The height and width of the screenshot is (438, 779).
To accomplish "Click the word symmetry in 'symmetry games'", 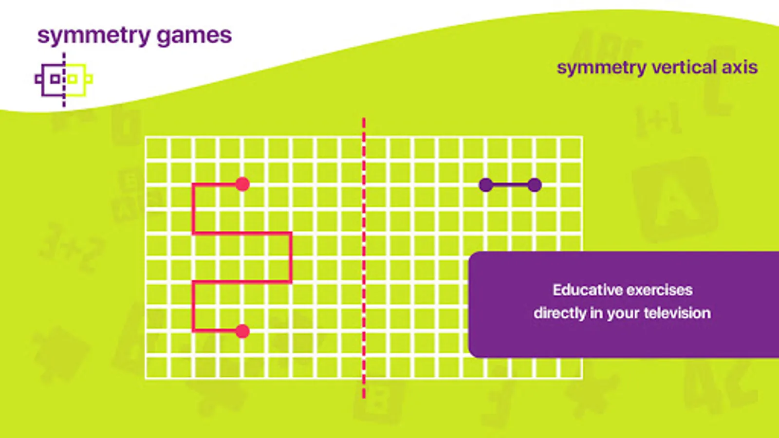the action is (94, 36).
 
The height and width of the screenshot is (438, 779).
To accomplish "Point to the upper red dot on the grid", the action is (242, 184).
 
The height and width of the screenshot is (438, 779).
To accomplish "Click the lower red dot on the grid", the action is (242, 331).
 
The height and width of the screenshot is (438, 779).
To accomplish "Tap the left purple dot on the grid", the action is (486, 185).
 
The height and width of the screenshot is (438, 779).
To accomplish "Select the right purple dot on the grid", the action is (535, 185).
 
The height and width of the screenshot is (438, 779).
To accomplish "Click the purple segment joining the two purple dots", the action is (510, 185).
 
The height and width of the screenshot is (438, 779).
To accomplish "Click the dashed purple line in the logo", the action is (64, 80).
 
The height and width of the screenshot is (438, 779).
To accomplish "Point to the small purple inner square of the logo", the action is (55, 79).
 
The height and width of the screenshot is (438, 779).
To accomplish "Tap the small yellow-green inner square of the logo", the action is (72, 79).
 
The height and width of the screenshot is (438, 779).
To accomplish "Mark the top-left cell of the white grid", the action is (157, 148).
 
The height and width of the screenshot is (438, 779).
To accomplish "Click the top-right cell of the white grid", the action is (571, 148).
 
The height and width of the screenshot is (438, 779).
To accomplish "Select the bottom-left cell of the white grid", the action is (157, 367).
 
